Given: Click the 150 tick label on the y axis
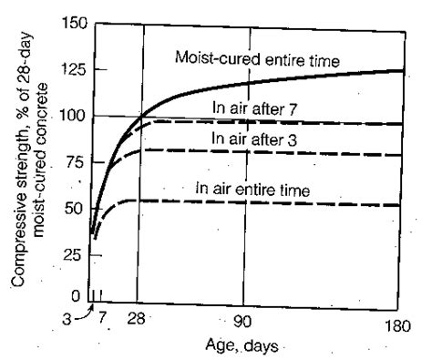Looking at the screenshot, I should [x=68, y=25].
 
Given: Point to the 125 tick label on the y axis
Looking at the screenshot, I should [x=68, y=70].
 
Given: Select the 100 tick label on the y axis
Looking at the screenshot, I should [x=68, y=117].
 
